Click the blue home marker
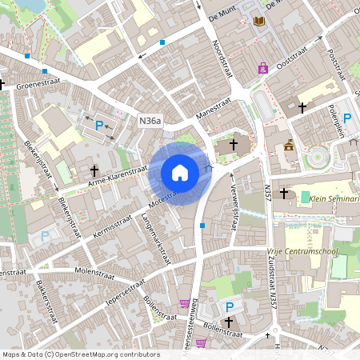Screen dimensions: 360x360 coord(180,172)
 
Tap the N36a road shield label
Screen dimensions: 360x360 coord(150,121)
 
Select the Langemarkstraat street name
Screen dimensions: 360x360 coord(158,239)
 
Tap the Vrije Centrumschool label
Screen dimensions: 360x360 coord(302,250)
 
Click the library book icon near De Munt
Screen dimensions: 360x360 coord(258,22)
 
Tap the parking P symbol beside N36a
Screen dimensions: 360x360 coord(99,126)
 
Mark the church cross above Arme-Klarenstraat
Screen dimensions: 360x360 coord(94,170)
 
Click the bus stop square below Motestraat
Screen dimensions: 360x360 coord(202,226)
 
